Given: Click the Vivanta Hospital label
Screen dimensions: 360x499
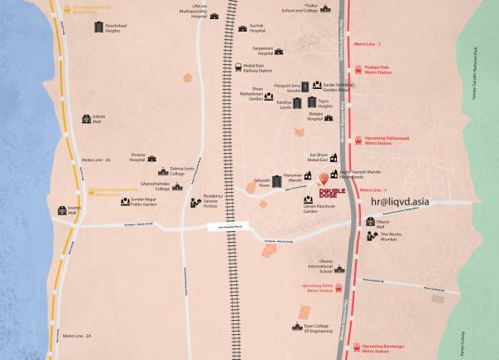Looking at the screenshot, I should (x=143, y=157).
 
